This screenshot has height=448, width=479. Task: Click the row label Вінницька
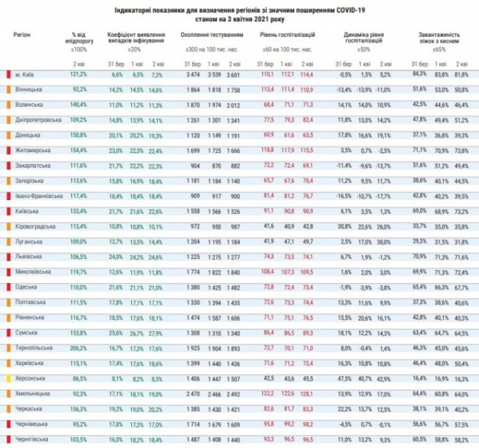click(29, 89)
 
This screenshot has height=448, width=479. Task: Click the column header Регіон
click(23, 35)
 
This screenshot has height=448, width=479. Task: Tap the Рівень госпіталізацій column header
click(287, 35)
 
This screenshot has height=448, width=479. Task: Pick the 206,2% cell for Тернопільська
click(79, 347)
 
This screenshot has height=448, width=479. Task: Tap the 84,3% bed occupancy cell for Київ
click(419, 75)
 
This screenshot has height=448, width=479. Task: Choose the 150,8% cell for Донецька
click(79, 136)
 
